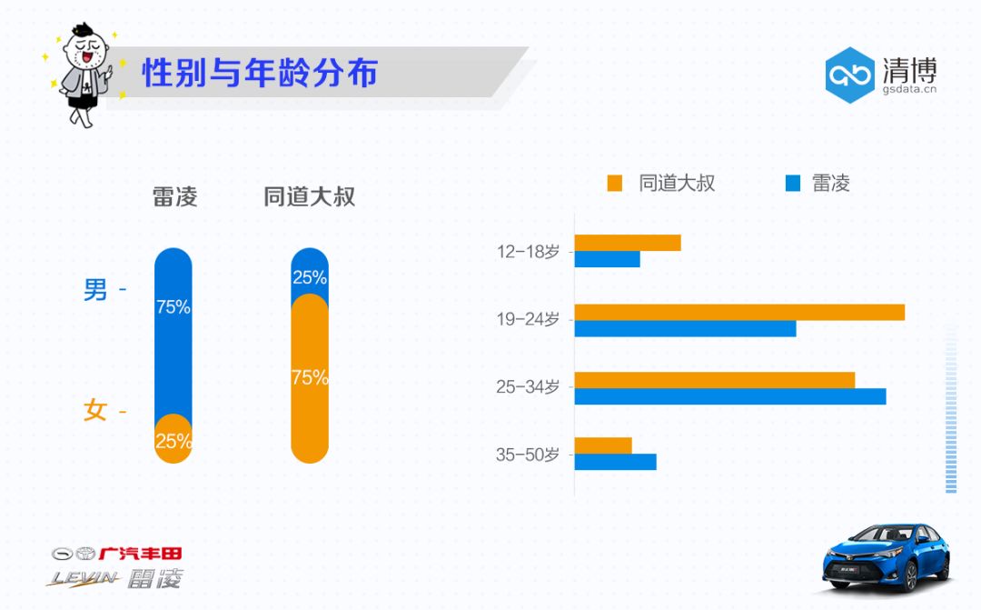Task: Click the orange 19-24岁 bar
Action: pos(739,312)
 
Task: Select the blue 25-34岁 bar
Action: pos(729,396)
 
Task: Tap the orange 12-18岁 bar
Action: pos(628,243)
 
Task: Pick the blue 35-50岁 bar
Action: pos(615,462)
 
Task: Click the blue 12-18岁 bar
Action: pos(607,259)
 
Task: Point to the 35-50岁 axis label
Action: pos(528,455)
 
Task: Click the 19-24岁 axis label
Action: pos(528,320)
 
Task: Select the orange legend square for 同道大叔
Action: pos(615,184)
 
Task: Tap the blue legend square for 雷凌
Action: pos(793,184)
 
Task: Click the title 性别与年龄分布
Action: pos(260,74)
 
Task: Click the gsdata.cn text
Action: pos(909,89)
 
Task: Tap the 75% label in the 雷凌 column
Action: pos(173,307)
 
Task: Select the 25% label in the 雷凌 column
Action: pos(173,442)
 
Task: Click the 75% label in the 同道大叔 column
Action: pos(310,377)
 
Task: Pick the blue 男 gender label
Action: pos(95,290)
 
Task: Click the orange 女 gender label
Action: pos(95,411)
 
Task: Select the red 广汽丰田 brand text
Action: pos(140,553)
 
